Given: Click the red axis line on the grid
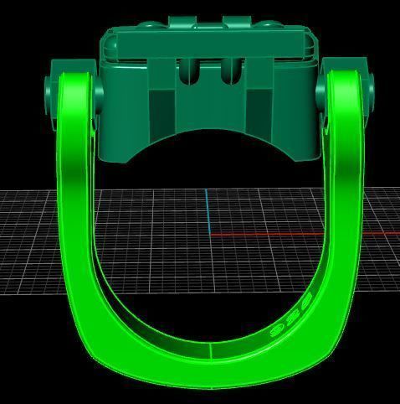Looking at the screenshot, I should pyautogui.click(x=268, y=234).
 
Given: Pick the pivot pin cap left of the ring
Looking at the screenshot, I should pyautogui.click(x=49, y=87).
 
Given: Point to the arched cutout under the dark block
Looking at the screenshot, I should pyautogui.click(x=207, y=142).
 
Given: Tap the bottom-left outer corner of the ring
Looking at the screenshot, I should pyautogui.click(x=90, y=356).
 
